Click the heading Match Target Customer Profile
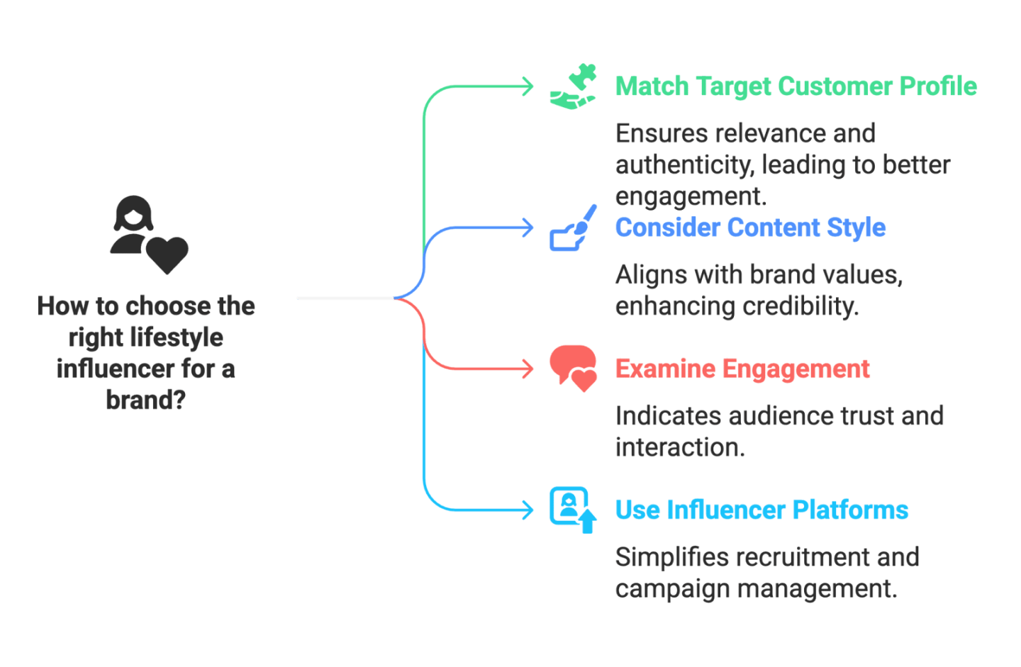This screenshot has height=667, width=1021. coord(796,86)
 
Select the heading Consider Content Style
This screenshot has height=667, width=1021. coord(750,228)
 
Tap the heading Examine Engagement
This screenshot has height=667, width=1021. coord(742,369)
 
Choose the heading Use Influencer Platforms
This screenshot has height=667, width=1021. coord(761,510)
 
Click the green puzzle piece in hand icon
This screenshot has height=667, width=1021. coord(574,86)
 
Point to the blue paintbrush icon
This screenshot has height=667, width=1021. coord(574,228)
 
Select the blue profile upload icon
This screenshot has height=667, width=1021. coord(572,509)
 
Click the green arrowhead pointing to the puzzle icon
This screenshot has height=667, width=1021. coord(528,86)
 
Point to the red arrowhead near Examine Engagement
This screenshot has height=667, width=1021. coord(528,369)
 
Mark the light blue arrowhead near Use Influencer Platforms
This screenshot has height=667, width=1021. coord(528,510)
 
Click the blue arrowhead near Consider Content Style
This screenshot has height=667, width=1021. coord(528,228)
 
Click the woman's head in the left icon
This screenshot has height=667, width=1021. coord(133,213)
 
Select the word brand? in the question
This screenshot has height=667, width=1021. coord(146,400)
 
